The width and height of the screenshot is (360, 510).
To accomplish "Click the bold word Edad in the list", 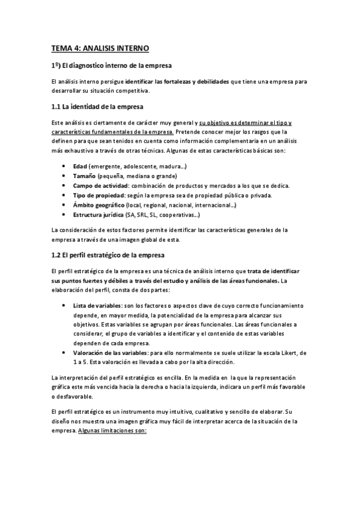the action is tap(80, 165).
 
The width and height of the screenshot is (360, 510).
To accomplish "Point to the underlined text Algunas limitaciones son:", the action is tap(112, 431).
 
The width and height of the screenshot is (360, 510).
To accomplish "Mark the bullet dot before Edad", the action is tap(64, 165).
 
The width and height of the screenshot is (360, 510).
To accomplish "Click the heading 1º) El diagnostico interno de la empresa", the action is tap(112, 65).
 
